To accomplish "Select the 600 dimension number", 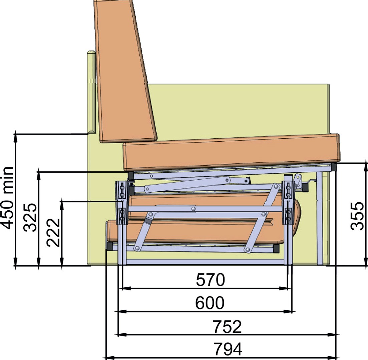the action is (x=210, y=303).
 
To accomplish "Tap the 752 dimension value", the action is (x=227, y=326).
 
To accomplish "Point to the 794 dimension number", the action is (x=228, y=349).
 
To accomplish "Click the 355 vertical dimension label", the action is (x=357, y=216).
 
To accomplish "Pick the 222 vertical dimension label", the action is (x=53, y=232).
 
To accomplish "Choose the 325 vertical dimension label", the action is (x=30, y=217).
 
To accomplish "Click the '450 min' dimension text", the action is (x=7, y=198).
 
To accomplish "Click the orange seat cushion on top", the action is (x=231, y=152).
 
